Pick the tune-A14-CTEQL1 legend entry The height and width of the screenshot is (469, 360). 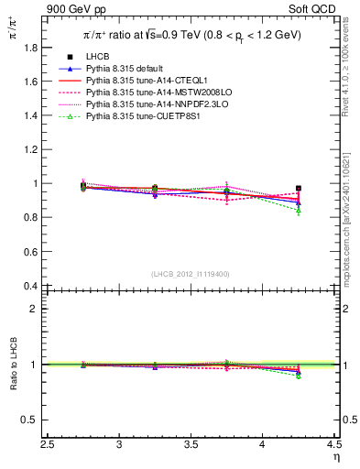(139, 81)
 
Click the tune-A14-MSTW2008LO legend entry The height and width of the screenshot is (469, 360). (147, 93)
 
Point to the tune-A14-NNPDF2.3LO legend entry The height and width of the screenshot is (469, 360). (147, 104)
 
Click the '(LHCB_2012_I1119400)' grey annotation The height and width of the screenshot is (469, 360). (191, 273)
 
